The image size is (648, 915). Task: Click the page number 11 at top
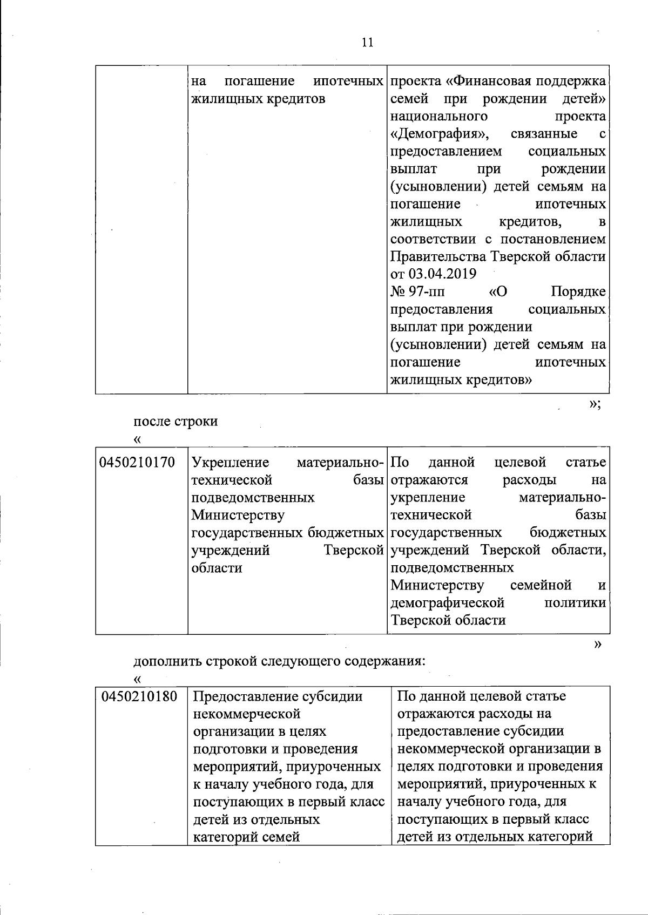click(367, 43)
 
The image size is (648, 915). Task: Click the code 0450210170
click(138, 463)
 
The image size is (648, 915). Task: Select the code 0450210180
click(139, 696)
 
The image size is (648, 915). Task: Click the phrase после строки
click(175, 421)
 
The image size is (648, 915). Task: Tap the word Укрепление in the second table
click(231, 463)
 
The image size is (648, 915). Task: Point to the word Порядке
click(578, 292)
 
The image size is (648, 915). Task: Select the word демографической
click(448, 602)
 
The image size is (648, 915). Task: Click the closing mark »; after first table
click(595, 404)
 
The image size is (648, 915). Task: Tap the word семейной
click(541, 585)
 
